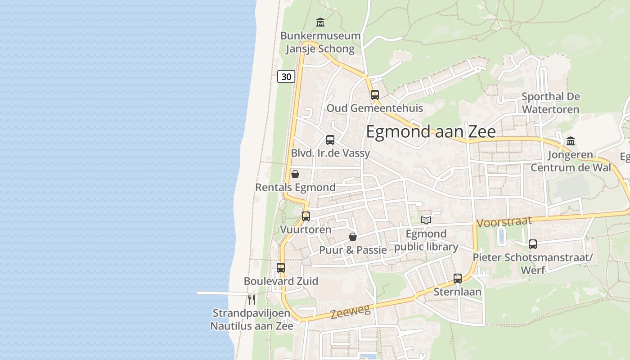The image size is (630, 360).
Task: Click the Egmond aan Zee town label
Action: [431, 131]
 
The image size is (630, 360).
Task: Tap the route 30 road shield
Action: [286, 76]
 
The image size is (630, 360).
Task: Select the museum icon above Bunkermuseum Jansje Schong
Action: [320, 22]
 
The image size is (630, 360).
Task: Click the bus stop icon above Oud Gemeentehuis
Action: [374, 95]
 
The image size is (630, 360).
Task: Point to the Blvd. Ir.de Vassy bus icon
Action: [330, 140]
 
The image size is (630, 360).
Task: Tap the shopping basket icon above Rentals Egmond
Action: [295, 174]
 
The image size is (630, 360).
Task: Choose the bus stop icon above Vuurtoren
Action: [306, 216]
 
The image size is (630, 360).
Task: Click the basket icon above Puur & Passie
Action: [353, 237]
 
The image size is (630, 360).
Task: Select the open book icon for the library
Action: [426, 220]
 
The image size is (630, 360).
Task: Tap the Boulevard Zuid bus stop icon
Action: [281, 268]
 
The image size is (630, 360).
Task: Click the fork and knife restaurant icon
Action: [252, 299]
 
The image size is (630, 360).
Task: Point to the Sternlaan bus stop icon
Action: [458, 279]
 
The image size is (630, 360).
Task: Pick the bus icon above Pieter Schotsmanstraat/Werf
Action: [533, 244]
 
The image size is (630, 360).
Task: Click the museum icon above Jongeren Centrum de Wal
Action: [571, 141]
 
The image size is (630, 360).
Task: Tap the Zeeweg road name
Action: [351, 311]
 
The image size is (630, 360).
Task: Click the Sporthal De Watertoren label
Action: [550, 103]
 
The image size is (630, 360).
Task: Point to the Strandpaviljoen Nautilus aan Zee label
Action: [252, 319]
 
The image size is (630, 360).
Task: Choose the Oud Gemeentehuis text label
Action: [374, 108]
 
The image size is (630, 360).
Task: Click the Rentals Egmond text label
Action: [295, 187]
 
